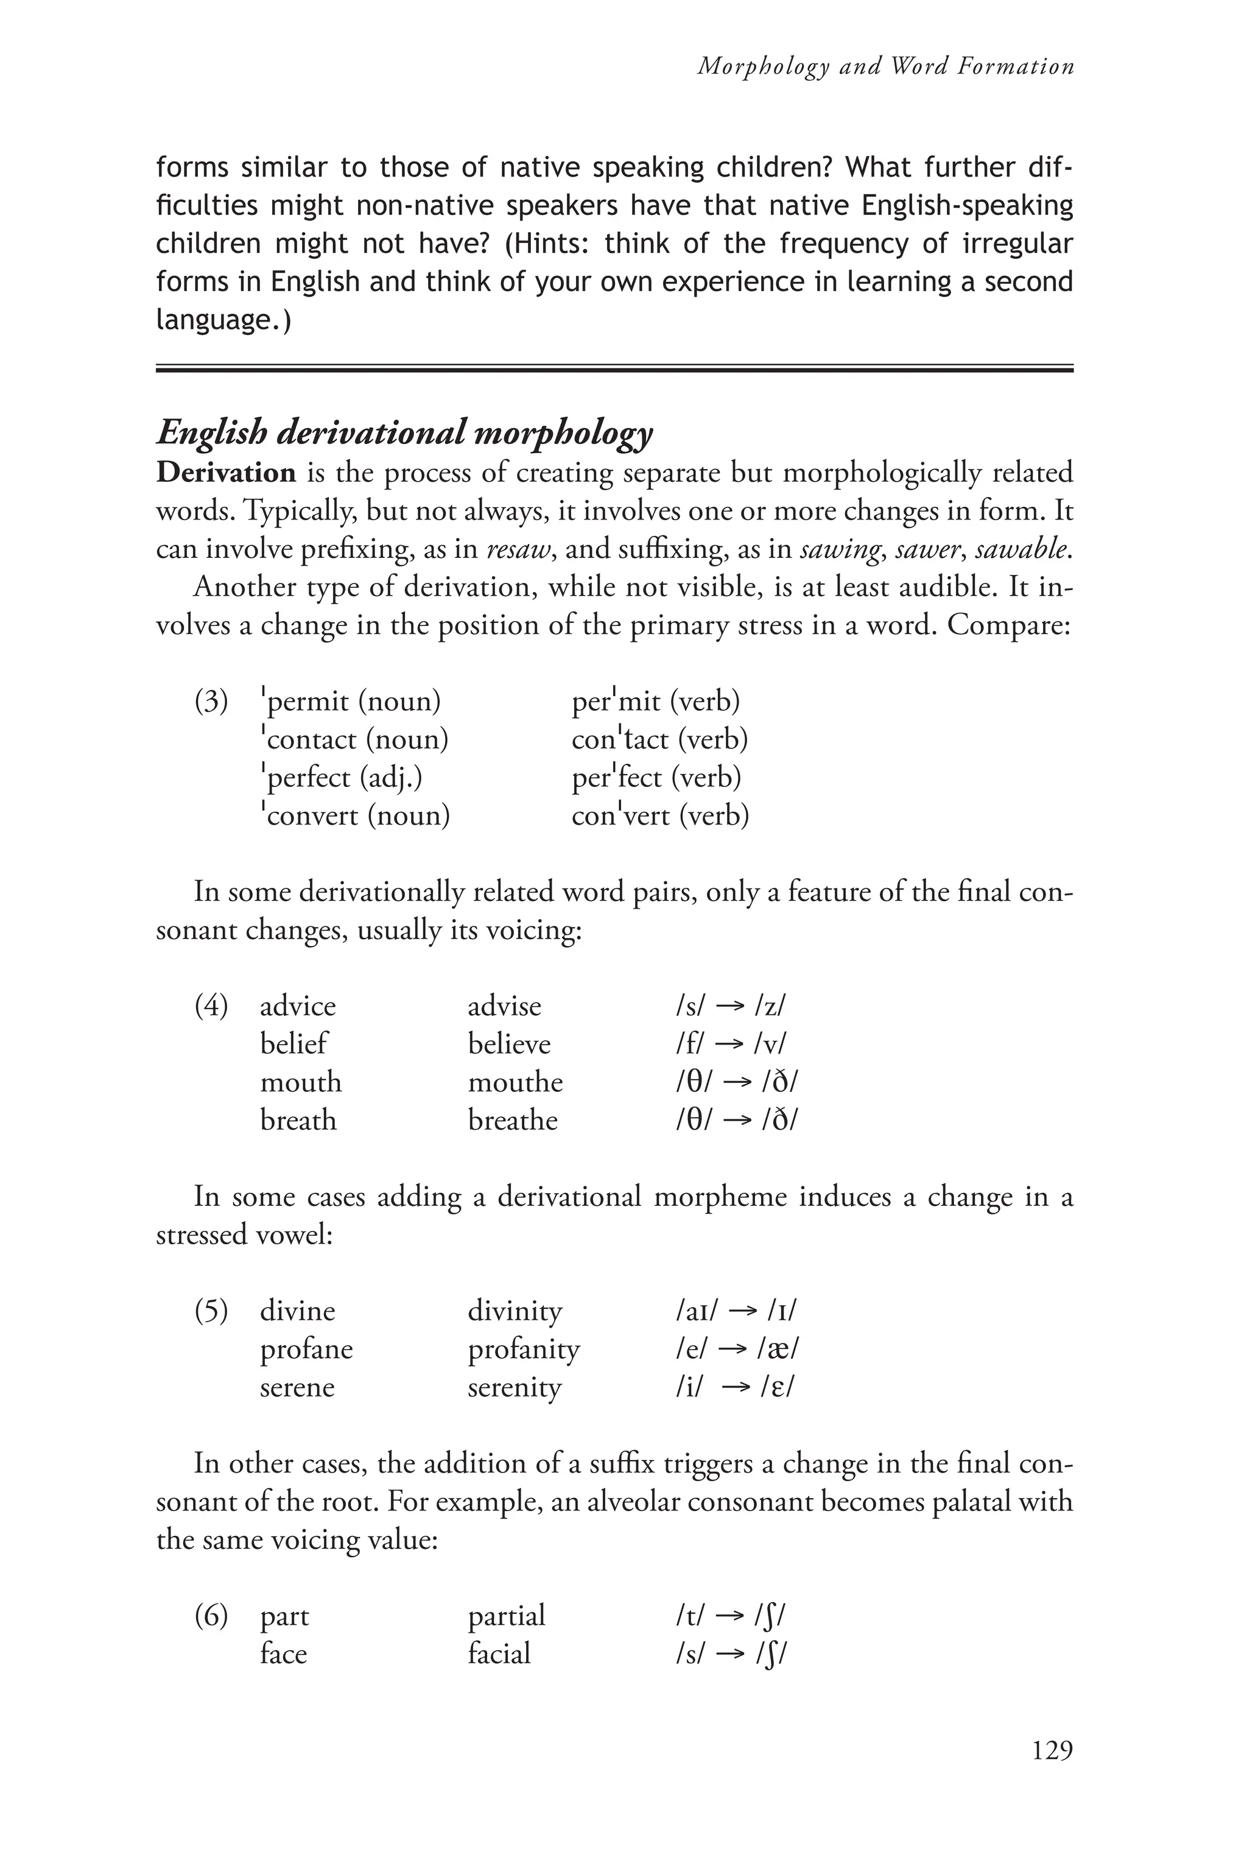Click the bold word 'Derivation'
(226, 473)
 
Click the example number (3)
(211, 702)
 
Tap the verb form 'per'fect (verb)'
(656, 778)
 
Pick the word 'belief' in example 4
(293, 1045)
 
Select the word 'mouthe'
(515, 1083)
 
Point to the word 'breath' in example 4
(298, 1121)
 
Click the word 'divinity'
(515, 1311)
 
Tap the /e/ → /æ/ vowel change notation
(736, 1349)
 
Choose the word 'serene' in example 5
(297, 1387)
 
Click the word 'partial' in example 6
(506, 1616)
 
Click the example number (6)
(211, 1616)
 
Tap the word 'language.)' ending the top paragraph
(223, 320)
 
